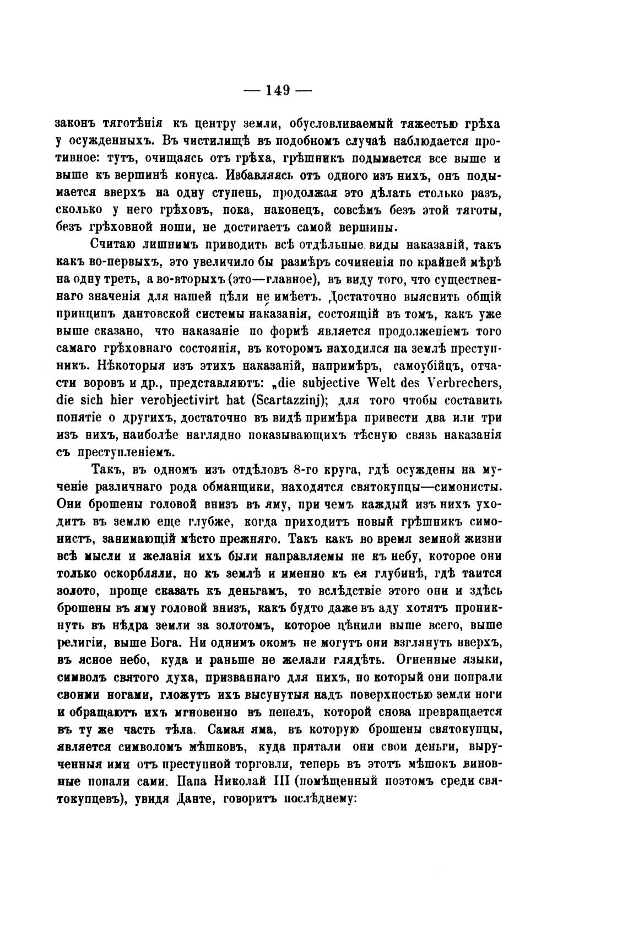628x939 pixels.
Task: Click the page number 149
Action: coord(278,90)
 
